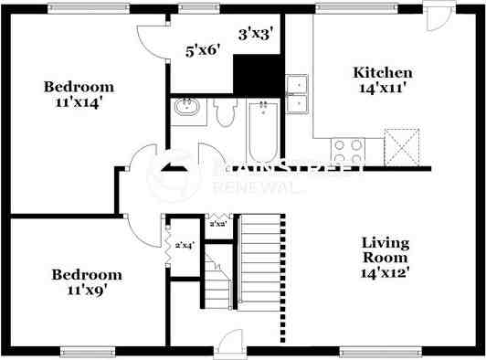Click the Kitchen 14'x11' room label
point(383,80)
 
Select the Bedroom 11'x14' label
point(79,95)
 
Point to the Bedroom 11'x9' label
point(86,281)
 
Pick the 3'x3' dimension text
point(256,35)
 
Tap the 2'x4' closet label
point(185,245)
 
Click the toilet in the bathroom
point(225,111)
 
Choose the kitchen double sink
point(297,95)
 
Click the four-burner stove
point(347,150)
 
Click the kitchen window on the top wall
point(356,8)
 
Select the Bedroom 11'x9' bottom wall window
point(87,350)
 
